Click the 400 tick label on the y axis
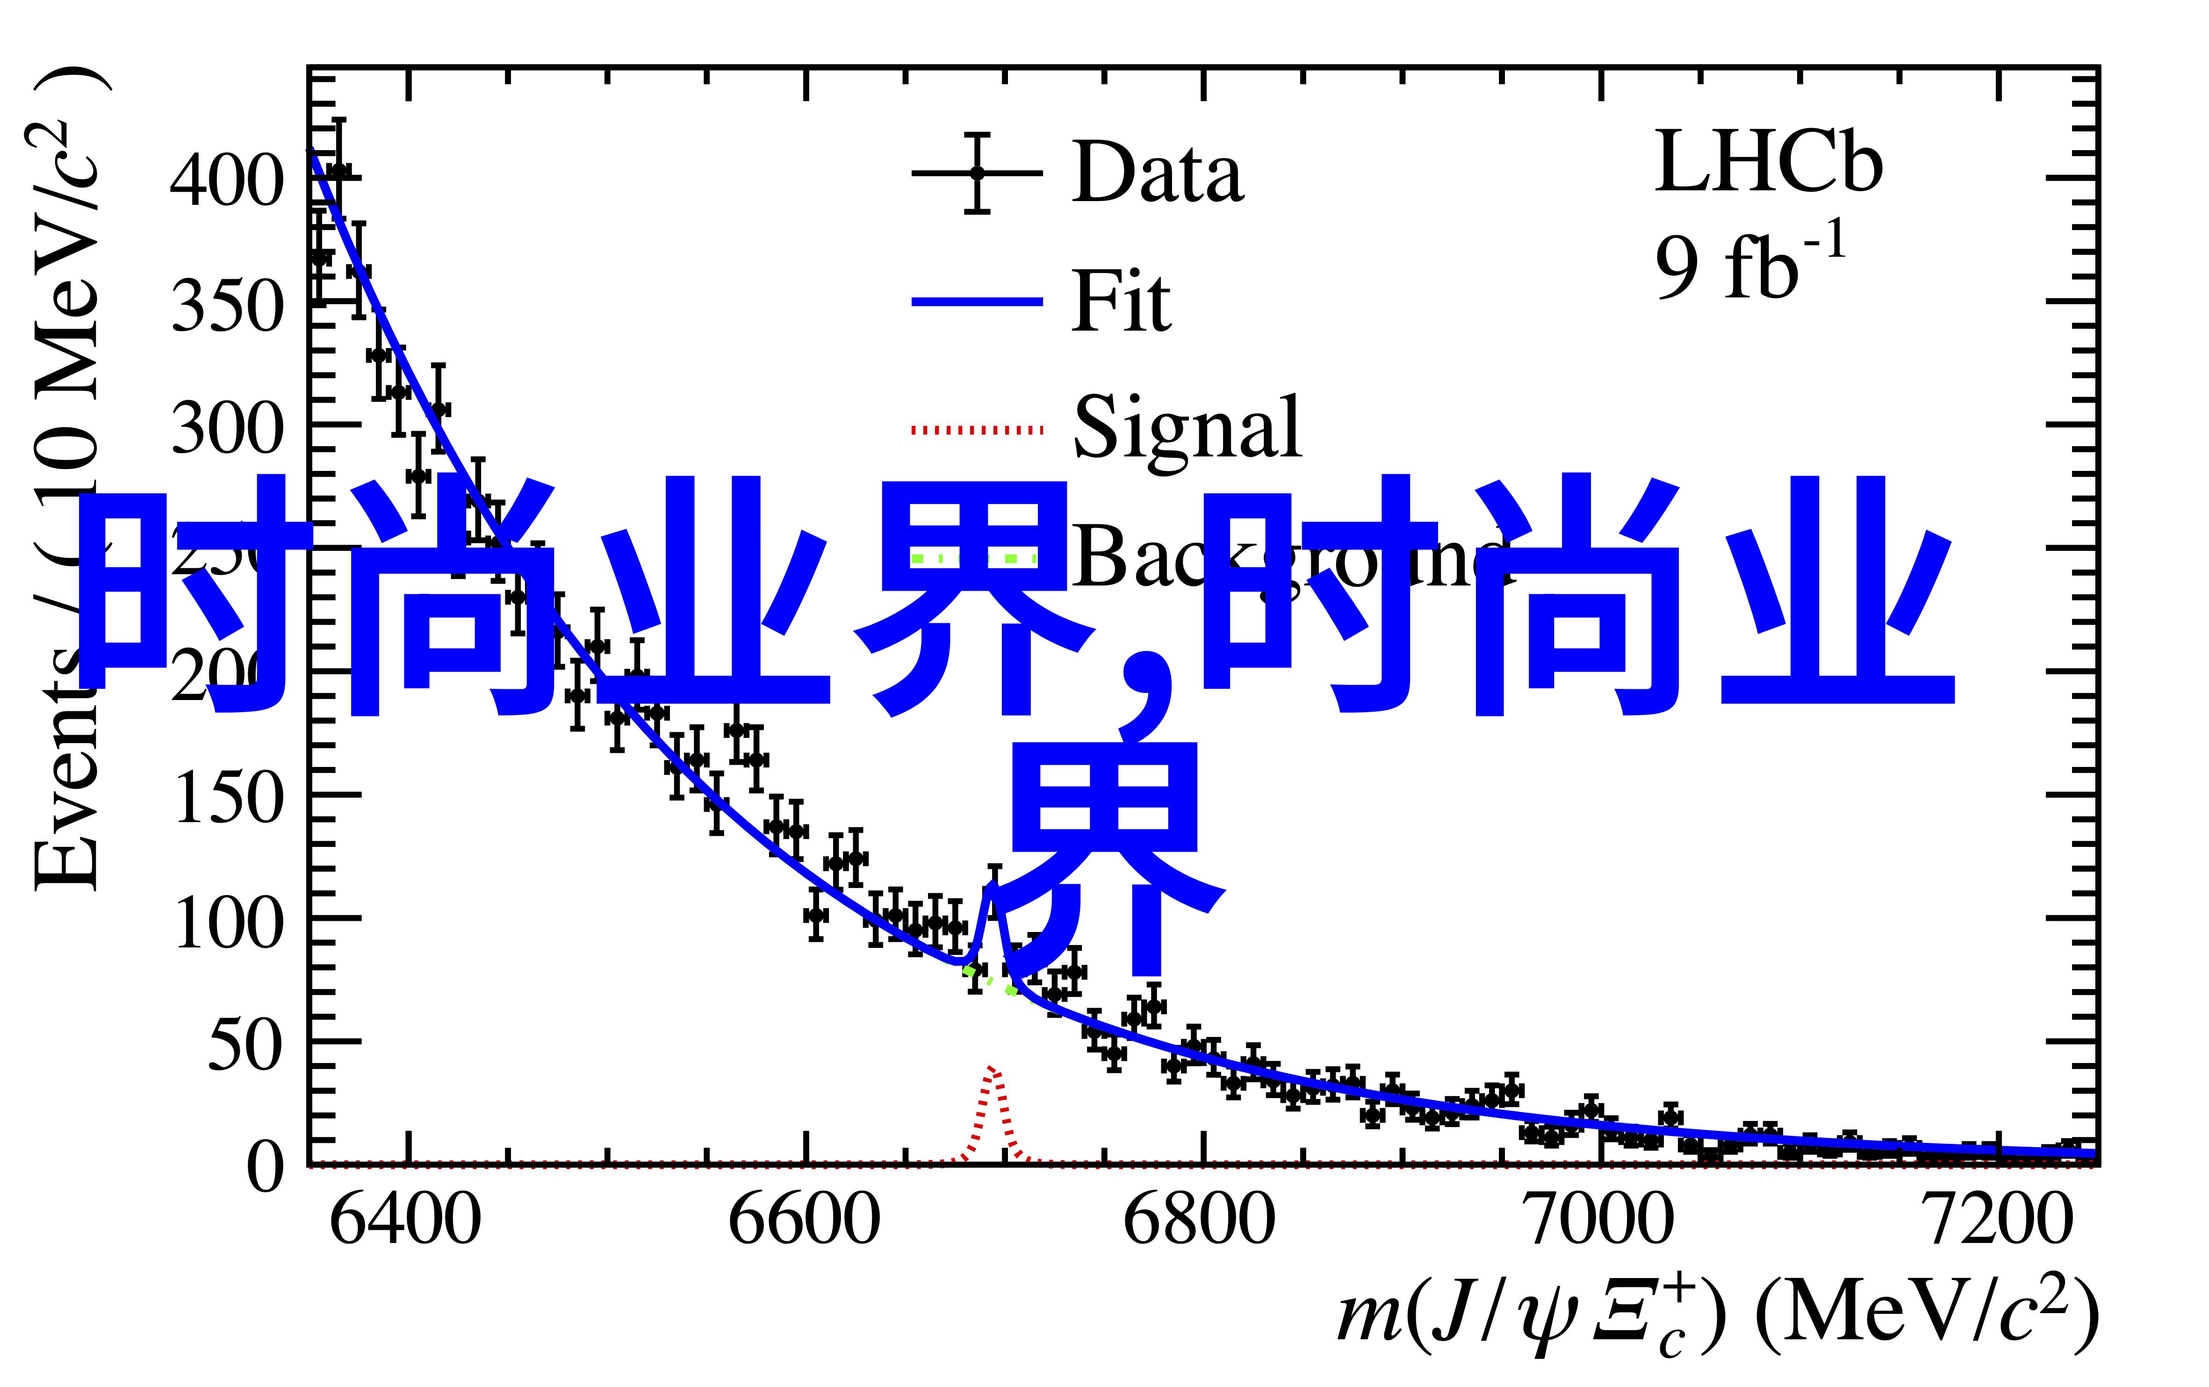coord(225,180)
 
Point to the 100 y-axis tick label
coord(225,921)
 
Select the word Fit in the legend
coord(1121,301)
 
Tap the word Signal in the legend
coord(1187,427)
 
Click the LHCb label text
coord(1768,163)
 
